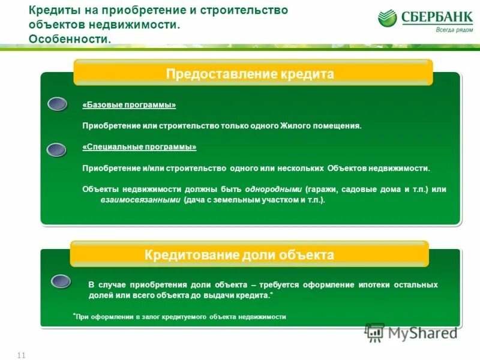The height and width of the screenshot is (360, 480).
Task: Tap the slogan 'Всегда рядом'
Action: (x=451, y=30)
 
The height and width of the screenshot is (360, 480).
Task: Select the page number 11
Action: (x=22, y=355)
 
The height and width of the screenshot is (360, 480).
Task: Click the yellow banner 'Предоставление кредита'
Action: (x=253, y=73)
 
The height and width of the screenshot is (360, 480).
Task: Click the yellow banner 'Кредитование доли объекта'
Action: (x=249, y=254)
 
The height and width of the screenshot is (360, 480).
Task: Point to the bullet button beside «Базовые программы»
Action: (x=57, y=104)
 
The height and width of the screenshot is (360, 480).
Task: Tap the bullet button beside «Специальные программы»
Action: (x=56, y=149)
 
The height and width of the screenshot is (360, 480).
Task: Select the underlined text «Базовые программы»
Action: (x=129, y=105)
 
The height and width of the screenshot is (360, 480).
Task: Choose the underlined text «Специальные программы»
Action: (x=139, y=147)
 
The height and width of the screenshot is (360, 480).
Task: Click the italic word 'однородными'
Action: (x=277, y=189)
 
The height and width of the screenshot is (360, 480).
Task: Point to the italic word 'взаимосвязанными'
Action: (x=140, y=200)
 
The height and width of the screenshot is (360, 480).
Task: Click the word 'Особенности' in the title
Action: (x=69, y=39)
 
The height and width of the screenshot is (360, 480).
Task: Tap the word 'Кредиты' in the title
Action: (x=53, y=11)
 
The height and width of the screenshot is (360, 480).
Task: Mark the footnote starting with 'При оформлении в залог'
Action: (x=180, y=316)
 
